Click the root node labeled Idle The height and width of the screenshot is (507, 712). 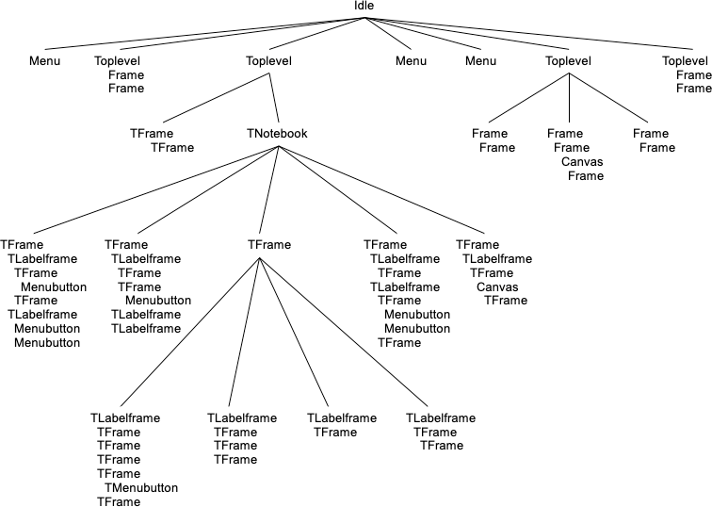coord(364,7)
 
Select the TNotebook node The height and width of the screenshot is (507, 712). coord(277,134)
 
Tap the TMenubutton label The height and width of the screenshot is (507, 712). coord(141,488)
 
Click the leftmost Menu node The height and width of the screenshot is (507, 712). coord(45,62)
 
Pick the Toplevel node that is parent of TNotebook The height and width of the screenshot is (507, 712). coord(269,62)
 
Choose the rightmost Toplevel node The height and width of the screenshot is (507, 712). coord(686,62)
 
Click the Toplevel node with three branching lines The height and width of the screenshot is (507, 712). coord(569,62)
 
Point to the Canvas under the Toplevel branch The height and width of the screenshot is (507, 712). coord(582,162)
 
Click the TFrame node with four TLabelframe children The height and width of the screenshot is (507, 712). coord(269,245)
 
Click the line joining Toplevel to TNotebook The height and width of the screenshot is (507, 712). coord(274,99)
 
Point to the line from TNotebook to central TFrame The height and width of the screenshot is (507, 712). coord(273,188)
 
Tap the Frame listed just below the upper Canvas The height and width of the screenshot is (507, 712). coord(586,176)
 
